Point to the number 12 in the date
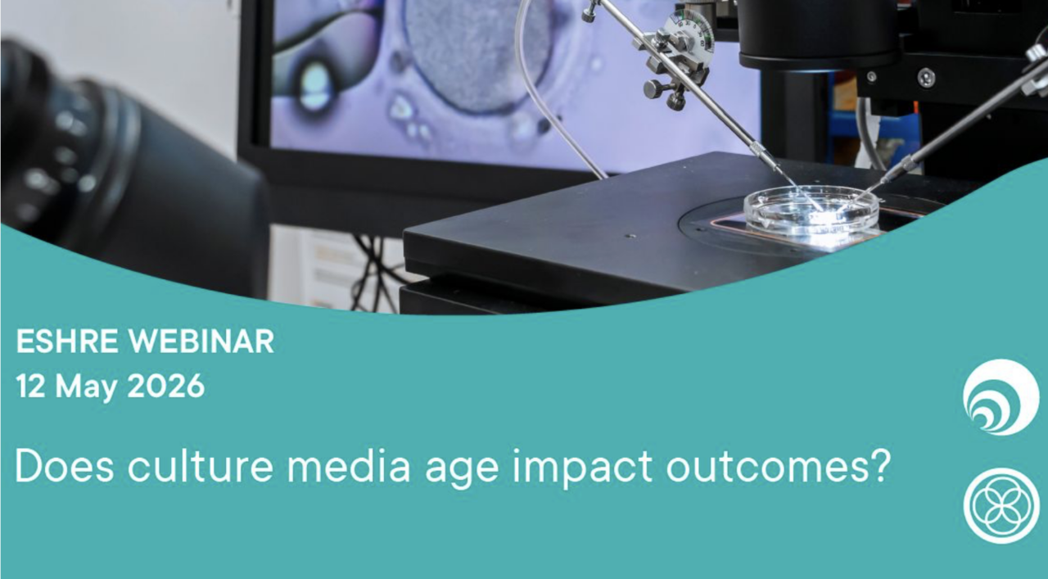point(31,387)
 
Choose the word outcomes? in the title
point(779,466)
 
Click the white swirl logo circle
point(1001,397)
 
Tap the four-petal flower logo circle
point(1001,505)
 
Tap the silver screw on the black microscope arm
point(926,79)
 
